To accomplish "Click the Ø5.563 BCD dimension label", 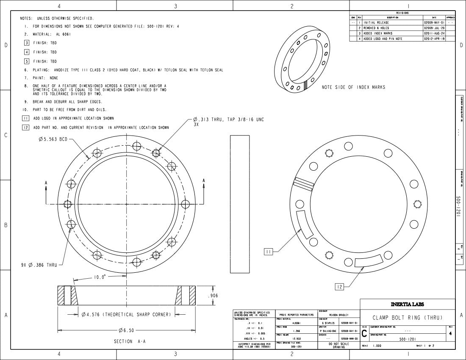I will (x=52, y=139).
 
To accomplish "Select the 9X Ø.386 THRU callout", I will (x=39, y=265).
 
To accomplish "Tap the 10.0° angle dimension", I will (x=100, y=277).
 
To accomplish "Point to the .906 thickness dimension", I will (x=213, y=296).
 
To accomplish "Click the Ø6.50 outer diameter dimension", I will (x=126, y=330).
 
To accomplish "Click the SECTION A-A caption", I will (x=130, y=341).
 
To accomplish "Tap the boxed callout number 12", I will (x=340, y=287).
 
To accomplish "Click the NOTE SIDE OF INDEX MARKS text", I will (x=353, y=87).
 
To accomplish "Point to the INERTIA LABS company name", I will (x=407, y=304).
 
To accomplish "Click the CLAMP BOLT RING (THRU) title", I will (x=407, y=318).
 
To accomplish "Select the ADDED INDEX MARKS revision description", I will (x=378, y=33).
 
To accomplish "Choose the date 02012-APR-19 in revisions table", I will (x=434, y=39).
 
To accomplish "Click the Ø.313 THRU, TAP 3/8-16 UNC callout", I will (x=228, y=120).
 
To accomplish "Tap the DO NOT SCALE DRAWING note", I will (x=339, y=346).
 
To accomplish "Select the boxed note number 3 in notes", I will (x=27, y=43).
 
